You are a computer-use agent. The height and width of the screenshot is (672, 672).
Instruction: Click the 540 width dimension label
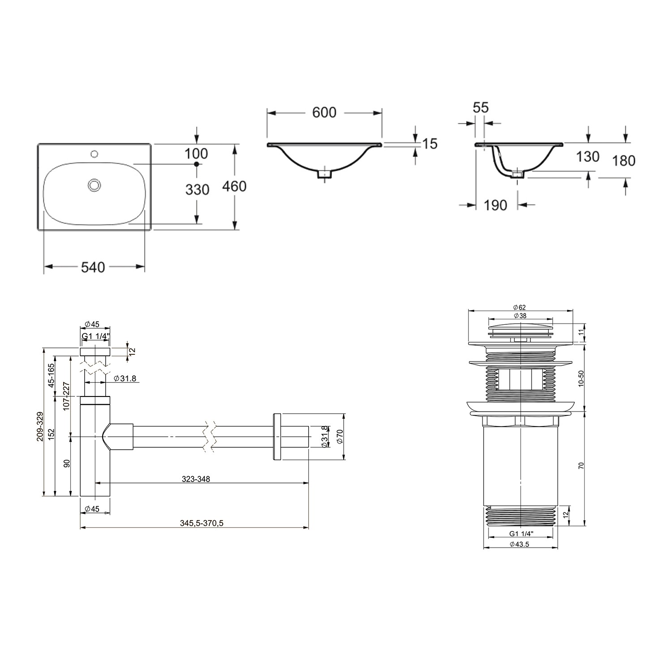[93, 267]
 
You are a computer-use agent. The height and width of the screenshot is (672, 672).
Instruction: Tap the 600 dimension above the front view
[324, 112]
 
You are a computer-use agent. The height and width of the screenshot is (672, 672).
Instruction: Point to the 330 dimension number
[197, 190]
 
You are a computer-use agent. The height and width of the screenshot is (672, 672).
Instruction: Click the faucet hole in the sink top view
[94, 155]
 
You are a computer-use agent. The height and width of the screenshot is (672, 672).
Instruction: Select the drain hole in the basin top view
[95, 185]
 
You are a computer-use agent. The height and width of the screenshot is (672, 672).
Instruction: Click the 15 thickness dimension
[429, 144]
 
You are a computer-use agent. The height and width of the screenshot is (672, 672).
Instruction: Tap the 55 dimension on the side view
[480, 108]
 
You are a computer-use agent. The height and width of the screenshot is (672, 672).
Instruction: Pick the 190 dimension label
[495, 205]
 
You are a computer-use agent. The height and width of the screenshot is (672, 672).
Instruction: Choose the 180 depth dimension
[624, 160]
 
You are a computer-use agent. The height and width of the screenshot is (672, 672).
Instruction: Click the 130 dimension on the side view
[587, 156]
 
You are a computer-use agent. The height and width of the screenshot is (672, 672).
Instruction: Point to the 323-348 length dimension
[196, 479]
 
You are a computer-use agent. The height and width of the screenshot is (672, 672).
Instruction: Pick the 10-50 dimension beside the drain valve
[582, 379]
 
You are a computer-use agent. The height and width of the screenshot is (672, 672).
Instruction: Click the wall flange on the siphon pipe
[276, 436]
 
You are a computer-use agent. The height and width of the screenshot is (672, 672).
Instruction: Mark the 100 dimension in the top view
[196, 154]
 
